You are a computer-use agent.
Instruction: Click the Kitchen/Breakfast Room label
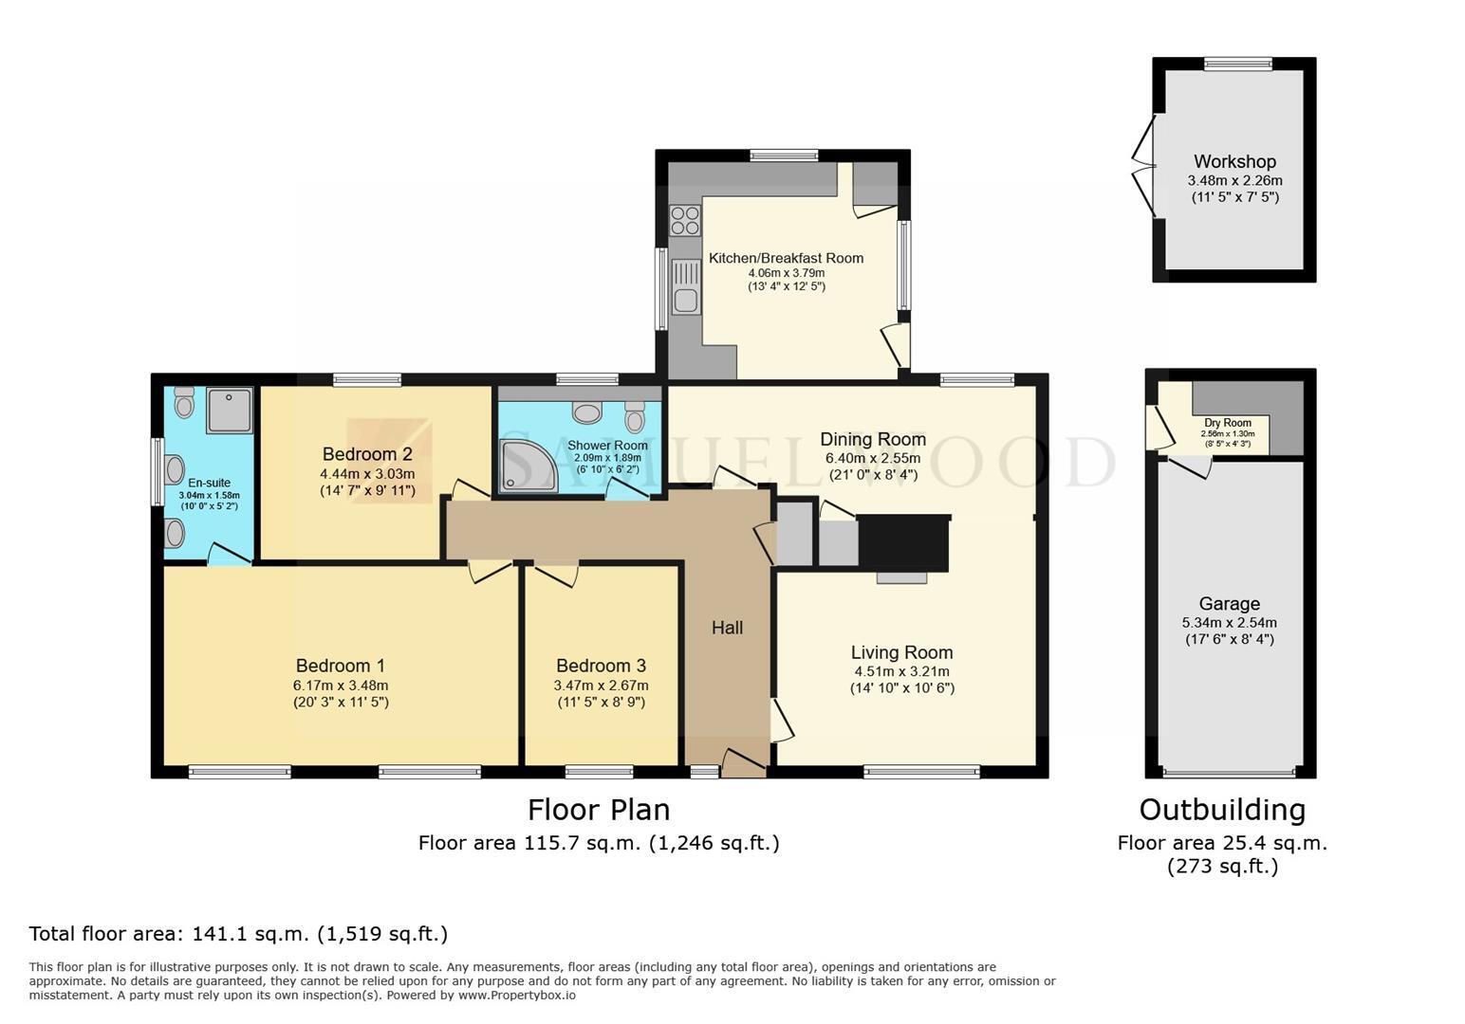click(x=787, y=258)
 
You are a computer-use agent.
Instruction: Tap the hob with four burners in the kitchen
click(x=685, y=220)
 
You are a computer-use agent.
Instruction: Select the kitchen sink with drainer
click(x=685, y=286)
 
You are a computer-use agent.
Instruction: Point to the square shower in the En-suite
click(x=229, y=411)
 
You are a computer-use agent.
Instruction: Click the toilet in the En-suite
click(x=184, y=402)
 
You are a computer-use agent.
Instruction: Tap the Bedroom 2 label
click(x=367, y=453)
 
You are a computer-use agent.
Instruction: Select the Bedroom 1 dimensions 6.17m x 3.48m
click(x=341, y=686)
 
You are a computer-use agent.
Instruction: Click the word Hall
click(x=727, y=628)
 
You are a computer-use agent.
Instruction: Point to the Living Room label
click(x=902, y=652)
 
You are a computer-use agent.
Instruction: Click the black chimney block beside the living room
click(x=904, y=543)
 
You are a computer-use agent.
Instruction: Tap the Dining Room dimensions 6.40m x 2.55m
click(x=873, y=458)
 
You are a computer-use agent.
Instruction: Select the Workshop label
click(x=1234, y=161)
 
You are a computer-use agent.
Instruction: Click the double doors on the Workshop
click(x=1144, y=166)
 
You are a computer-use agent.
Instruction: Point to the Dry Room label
click(x=1228, y=423)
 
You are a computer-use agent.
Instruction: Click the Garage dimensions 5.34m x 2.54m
click(x=1230, y=623)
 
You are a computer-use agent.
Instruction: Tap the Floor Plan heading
click(x=599, y=811)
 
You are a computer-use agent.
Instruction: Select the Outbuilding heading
click(x=1222, y=811)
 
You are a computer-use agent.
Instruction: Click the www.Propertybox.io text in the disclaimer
click(x=517, y=996)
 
